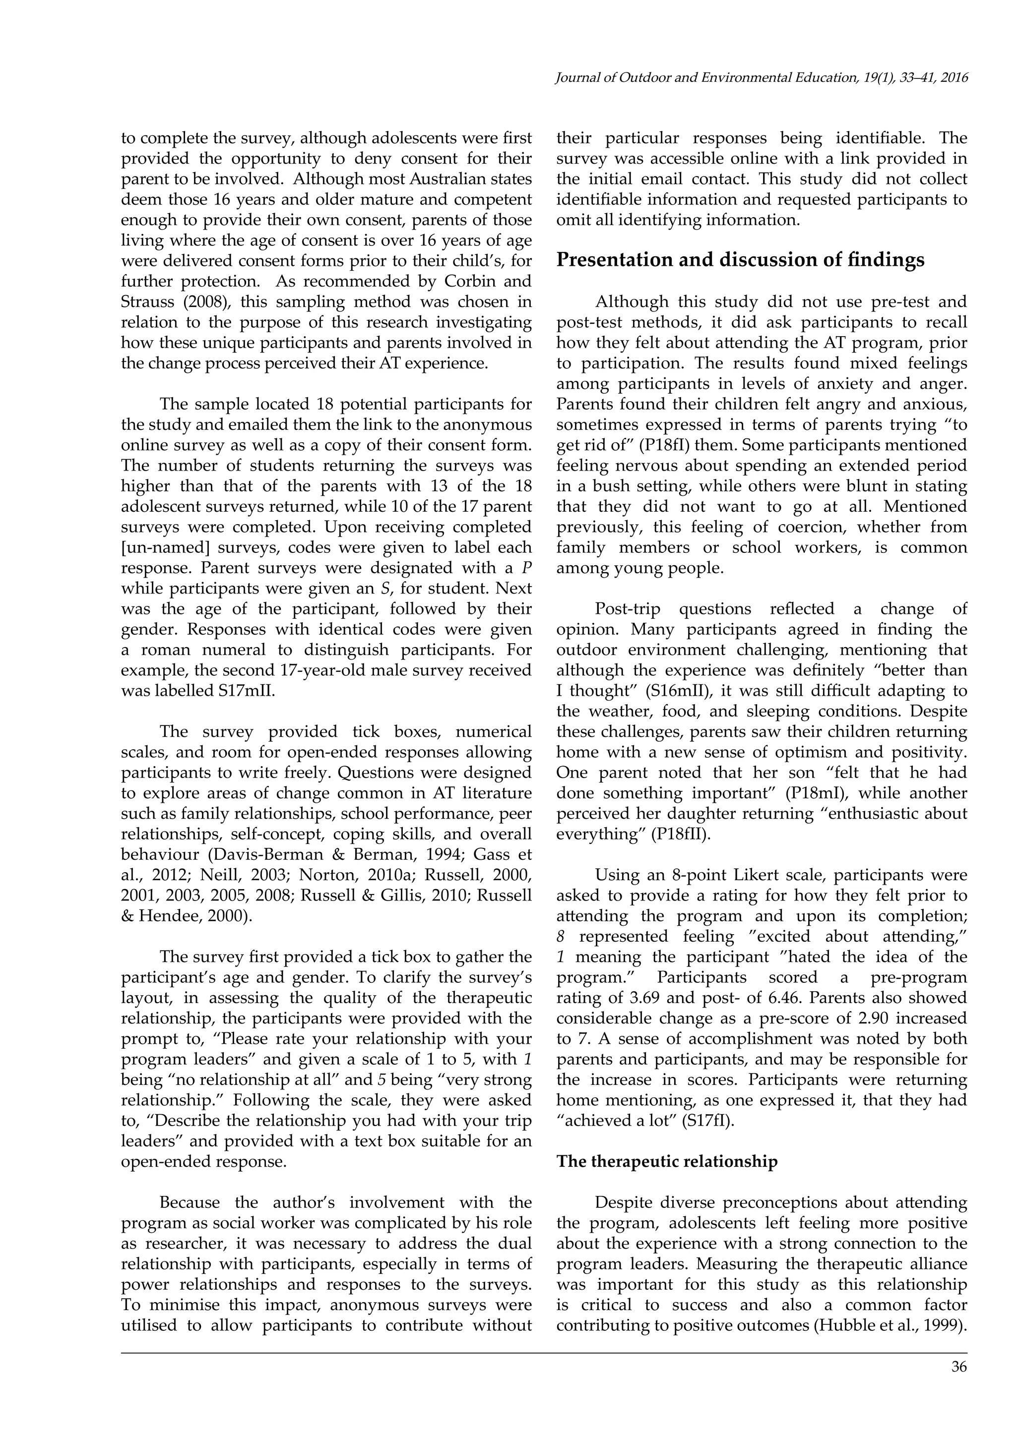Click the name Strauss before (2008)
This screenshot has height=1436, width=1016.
click(x=149, y=301)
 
